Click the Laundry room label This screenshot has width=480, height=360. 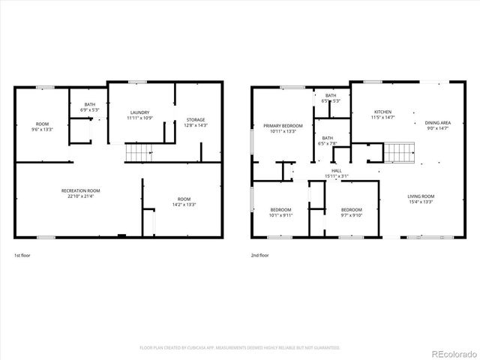pos(139,112)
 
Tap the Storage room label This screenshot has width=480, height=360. pos(196,120)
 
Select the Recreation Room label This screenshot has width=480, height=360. pos(81,191)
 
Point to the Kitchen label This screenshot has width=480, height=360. pos(383,112)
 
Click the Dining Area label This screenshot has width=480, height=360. pos(437,123)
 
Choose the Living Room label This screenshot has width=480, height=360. pos(421,196)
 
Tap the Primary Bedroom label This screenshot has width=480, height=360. pos(283,125)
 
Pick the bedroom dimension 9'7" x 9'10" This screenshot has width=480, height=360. pos(351,215)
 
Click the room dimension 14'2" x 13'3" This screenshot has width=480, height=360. pos(184,204)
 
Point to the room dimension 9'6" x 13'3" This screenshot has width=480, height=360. pos(42,129)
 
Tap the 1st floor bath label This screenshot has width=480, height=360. pos(90,104)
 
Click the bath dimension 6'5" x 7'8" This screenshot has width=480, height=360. pos(328,143)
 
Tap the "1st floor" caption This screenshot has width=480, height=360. pos(23,256)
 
